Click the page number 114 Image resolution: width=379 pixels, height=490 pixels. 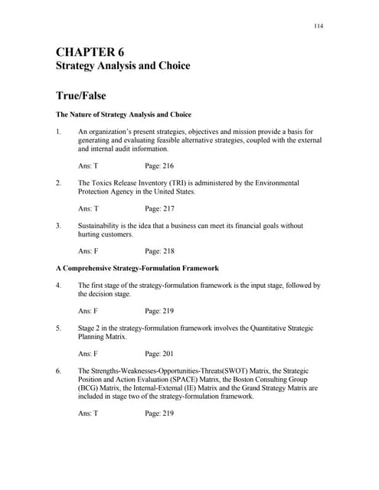point(319,26)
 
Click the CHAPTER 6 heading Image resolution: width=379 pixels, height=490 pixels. point(89,52)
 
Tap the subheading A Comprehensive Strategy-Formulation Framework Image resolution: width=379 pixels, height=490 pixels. point(137,268)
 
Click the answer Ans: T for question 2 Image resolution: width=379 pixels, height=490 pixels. point(88,208)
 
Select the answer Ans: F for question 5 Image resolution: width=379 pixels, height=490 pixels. point(88,354)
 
